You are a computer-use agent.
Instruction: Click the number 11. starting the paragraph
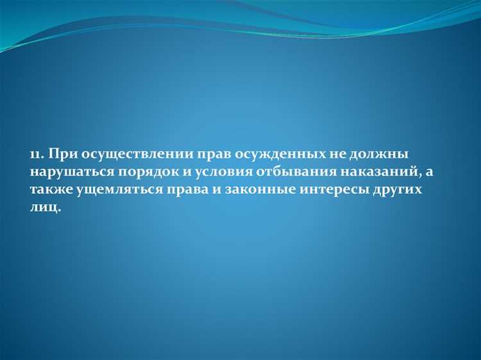37,155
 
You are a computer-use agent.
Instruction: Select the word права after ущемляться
167,191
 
